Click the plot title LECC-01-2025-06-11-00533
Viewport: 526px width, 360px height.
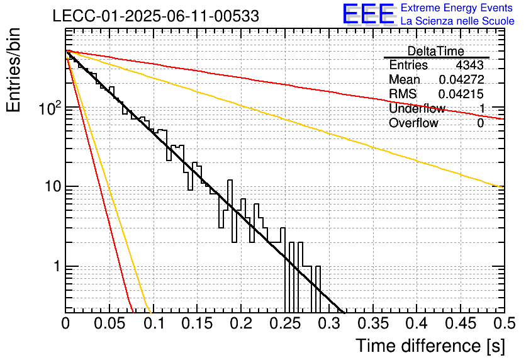[x=155, y=16]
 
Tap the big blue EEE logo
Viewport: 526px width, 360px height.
[x=369, y=14]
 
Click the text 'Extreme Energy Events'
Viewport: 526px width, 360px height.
[x=457, y=8]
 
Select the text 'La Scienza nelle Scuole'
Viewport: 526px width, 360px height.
[x=457, y=21]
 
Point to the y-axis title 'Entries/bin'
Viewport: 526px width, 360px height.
[x=13, y=70]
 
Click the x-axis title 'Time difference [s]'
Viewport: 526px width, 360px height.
[x=430, y=346]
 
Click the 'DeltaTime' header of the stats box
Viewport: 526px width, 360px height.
[x=436, y=52]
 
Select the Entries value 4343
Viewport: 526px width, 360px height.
[x=469, y=65]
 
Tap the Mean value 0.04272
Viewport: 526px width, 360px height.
[x=461, y=79]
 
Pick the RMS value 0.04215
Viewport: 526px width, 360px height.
[x=461, y=94]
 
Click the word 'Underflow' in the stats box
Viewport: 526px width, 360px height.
[x=417, y=108]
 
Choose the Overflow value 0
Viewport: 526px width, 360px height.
[x=480, y=123]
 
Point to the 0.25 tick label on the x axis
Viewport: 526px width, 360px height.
[x=286, y=323]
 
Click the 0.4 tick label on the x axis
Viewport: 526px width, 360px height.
[x=417, y=323]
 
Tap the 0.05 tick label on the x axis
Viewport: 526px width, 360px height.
[x=109, y=323]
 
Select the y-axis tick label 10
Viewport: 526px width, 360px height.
[x=53, y=186]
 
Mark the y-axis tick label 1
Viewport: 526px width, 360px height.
[x=57, y=266]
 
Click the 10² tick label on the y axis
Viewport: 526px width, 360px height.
[x=50, y=108]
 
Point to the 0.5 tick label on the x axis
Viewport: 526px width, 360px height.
[x=505, y=323]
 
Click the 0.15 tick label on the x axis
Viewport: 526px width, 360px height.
[x=198, y=323]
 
